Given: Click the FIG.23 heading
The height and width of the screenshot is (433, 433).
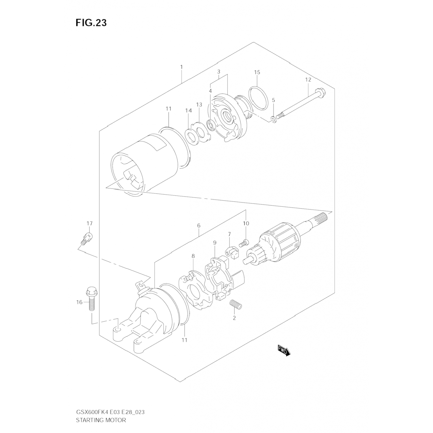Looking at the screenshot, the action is [91, 23].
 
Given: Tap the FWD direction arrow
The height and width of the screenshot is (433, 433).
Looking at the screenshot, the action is [284, 350].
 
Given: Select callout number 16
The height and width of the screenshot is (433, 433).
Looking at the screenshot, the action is [79, 302].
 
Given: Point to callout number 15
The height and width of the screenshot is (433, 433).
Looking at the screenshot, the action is [257, 72].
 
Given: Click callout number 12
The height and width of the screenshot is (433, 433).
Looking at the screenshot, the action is [308, 79].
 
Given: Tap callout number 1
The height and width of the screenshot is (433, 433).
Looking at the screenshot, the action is [182, 67].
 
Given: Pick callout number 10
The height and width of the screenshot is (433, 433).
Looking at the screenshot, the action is [246, 223].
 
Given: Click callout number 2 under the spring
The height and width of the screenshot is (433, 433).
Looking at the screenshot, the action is [234, 318].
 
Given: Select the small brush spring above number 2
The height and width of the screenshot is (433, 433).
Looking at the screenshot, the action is [236, 305].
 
